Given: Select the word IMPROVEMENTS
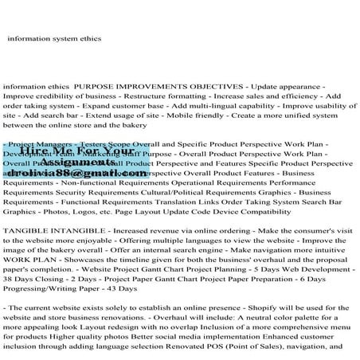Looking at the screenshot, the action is tap(163, 84).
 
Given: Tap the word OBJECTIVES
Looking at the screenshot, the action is tap(231, 84).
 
